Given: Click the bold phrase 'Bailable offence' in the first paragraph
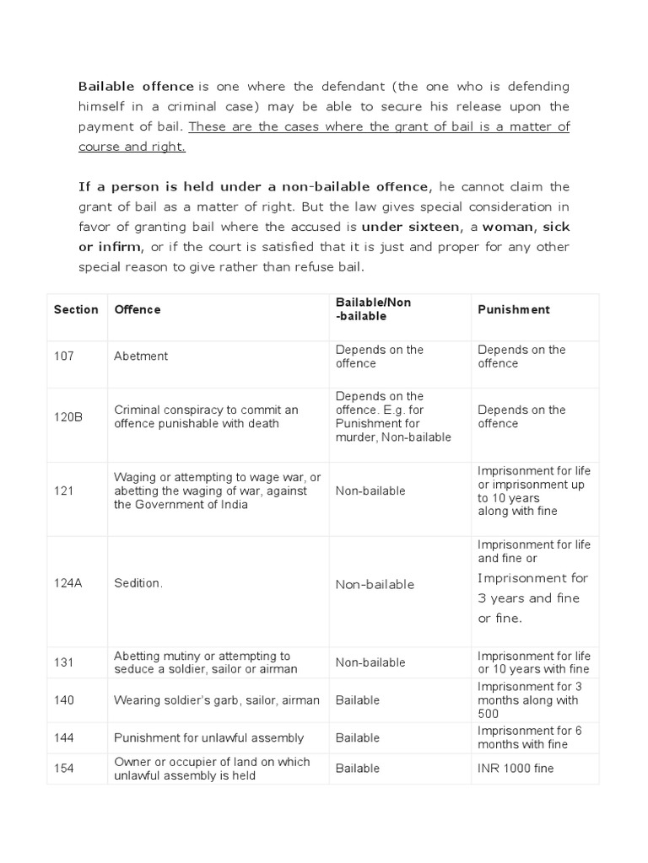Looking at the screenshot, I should tap(136, 86).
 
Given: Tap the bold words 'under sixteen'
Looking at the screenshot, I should tap(411, 227).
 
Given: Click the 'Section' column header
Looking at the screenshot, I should tap(76, 309).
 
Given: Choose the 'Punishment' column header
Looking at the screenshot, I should tap(513, 309).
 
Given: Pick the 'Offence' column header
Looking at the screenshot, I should tap(137, 309).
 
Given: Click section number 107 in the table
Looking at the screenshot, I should tap(64, 356).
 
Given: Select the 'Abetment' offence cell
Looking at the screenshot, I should tap(141, 356).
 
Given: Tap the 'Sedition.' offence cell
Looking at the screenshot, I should tap(138, 584).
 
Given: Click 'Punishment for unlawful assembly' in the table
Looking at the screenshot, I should tap(208, 738).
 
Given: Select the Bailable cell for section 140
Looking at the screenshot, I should tap(358, 700).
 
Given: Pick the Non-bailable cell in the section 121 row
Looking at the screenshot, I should tap(370, 491).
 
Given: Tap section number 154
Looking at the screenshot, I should tap(64, 769).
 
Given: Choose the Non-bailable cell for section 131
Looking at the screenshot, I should tap(370, 662).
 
